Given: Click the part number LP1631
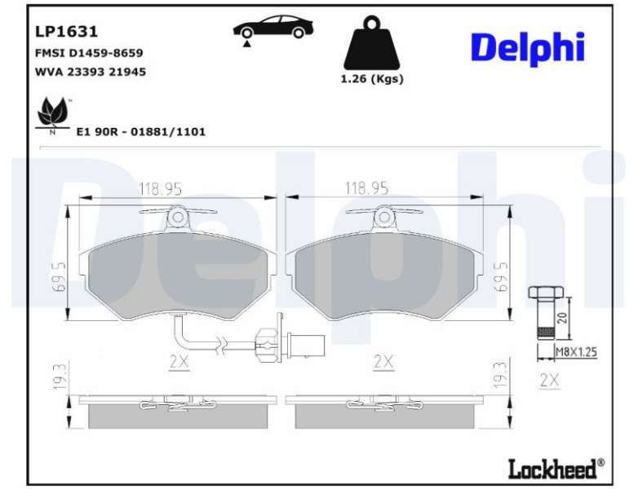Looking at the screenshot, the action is [x=66, y=31].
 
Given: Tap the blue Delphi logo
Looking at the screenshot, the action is [x=528, y=48].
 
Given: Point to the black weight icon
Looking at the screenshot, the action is [x=371, y=42].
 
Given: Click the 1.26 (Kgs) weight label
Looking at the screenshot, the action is [x=372, y=79].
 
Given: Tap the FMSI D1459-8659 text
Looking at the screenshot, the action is [x=89, y=53].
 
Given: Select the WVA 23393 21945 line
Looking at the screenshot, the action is [x=91, y=72].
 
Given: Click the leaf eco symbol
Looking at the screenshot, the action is [x=53, y=115].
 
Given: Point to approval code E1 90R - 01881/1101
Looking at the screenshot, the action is [x=141, y=132].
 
